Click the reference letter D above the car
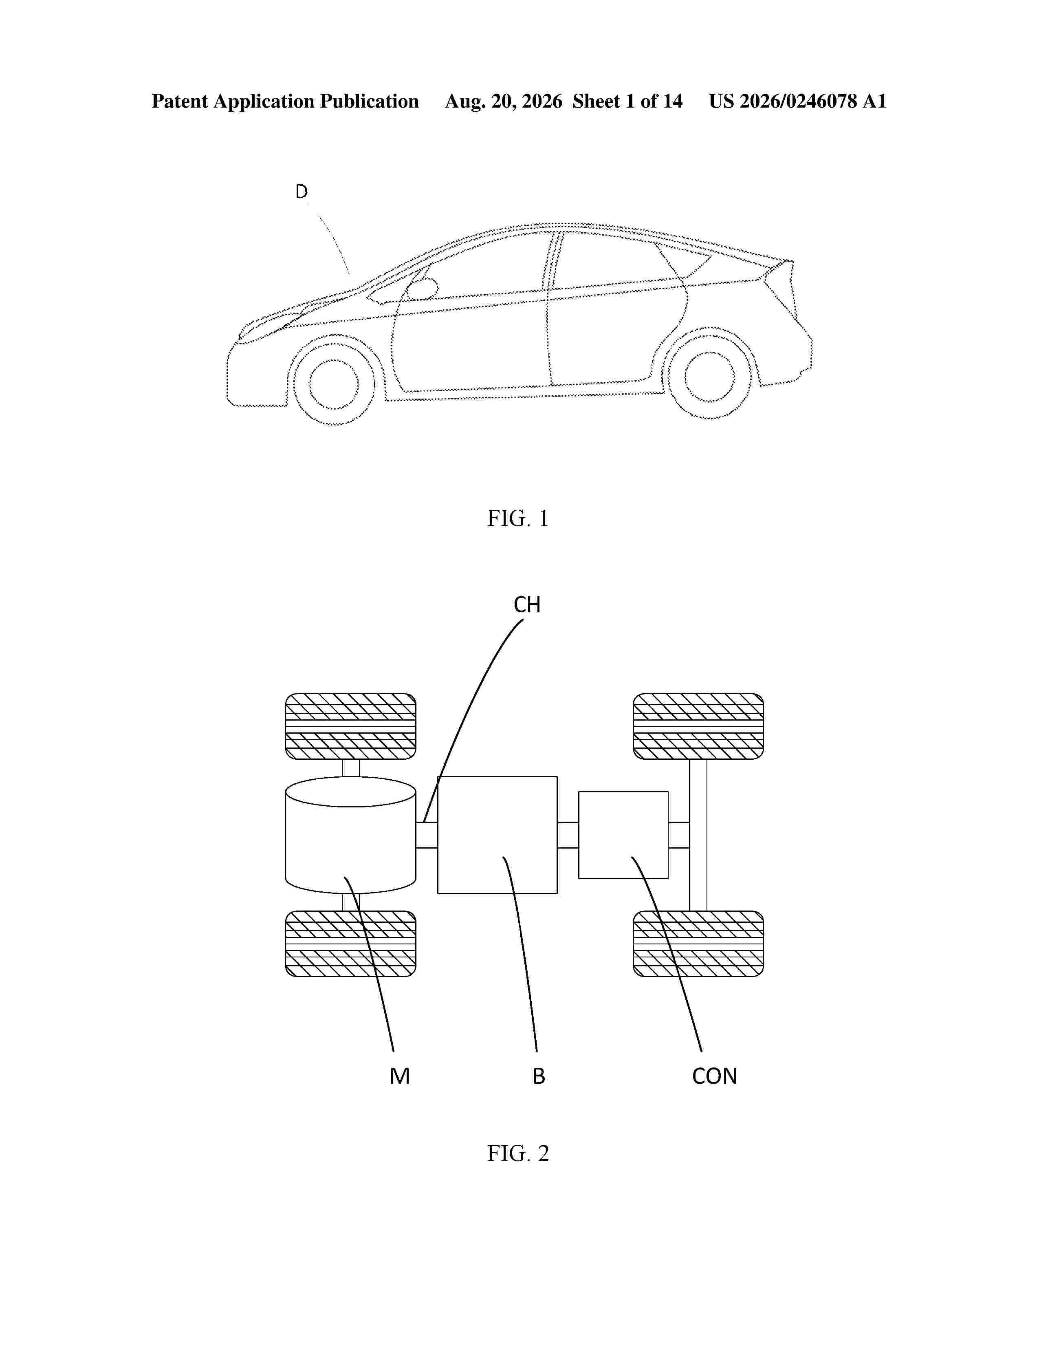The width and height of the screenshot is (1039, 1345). pos(301,192)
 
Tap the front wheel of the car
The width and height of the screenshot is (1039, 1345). pos(334,384)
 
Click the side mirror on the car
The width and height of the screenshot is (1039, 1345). pos(422,289)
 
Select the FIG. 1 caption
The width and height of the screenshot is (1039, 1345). pos(517,518)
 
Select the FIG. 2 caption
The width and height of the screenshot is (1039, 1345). pos(517,1153)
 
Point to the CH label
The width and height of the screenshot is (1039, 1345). pos(527,605)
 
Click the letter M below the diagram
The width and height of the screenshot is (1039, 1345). pos(399,1076)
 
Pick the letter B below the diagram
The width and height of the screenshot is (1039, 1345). pos(539,1076)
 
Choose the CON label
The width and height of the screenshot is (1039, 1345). pos(714,1076)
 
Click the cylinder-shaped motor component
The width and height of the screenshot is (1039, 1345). pos(350,835)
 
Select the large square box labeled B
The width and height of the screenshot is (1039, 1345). pos(497,835)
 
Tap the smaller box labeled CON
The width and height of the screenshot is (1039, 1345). pos(623,835)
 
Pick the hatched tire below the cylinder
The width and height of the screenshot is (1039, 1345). pos(350,944)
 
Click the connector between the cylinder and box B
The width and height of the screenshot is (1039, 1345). pos(427,835)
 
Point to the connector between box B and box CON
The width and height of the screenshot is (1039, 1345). pos(568,835)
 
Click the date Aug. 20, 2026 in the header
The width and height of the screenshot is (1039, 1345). pos(504,101)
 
